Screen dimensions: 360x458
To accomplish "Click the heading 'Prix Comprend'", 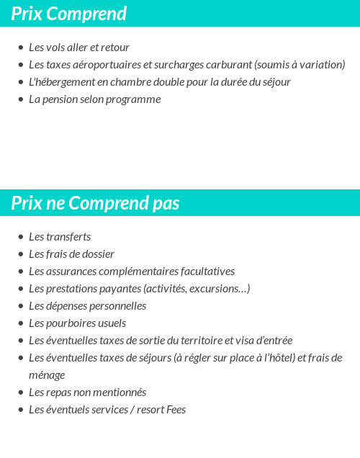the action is point(68,14).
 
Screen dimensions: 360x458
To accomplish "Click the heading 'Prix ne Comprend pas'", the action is point(95,204).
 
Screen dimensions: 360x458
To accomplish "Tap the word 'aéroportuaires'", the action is point(107,65).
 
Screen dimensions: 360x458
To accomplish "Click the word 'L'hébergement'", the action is point(62,82).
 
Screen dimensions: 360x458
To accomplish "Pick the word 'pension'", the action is point(61,99).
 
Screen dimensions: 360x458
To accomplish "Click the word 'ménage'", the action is point(47,375).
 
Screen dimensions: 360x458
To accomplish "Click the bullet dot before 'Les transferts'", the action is point(21,237).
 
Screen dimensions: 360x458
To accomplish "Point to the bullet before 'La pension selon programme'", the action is point(21,99).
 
